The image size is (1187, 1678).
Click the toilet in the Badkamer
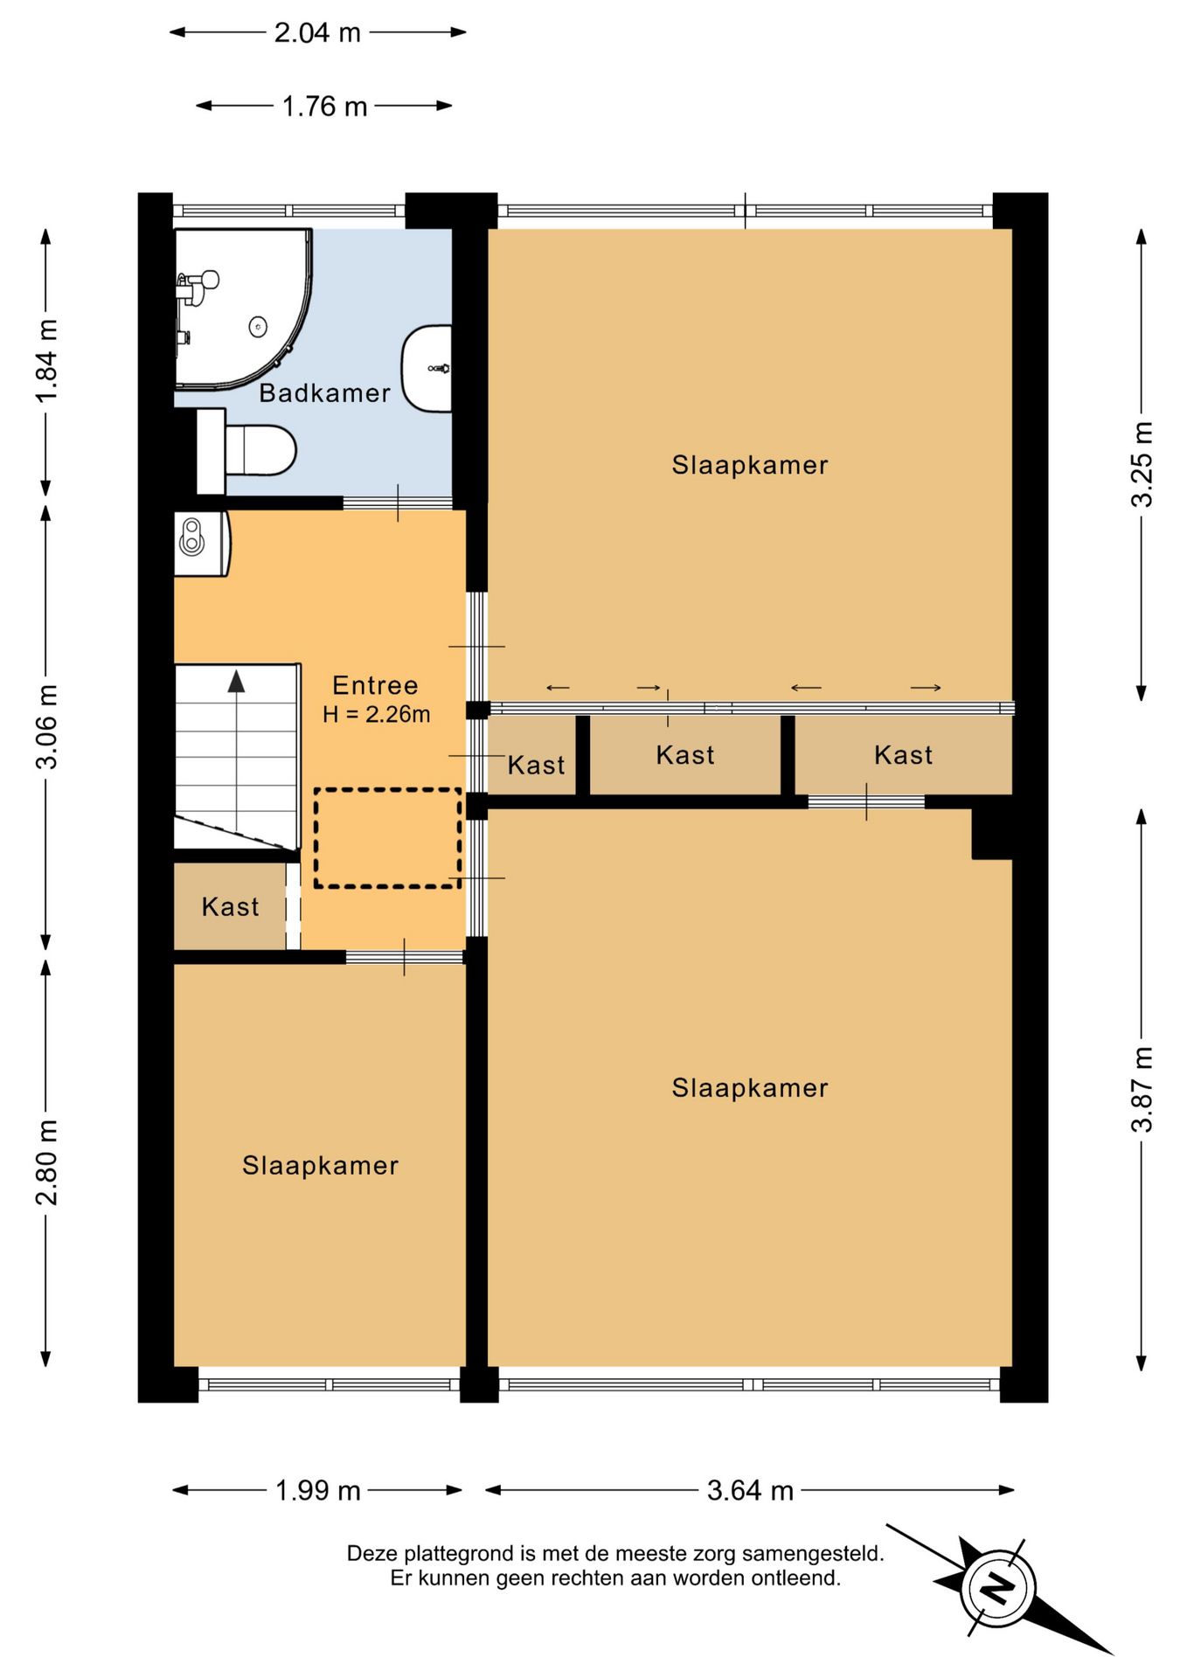click(246, 451)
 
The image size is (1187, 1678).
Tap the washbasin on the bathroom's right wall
click(427, 368)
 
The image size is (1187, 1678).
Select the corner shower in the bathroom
click(243, 309)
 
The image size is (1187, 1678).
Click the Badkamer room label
click(324, 393)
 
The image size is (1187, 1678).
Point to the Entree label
click(375, 685)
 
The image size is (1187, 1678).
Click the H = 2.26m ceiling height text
click(376, 714)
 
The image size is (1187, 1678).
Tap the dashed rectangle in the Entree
click(387, 838)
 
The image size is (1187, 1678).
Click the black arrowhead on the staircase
click(236, 682)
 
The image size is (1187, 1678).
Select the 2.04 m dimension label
click(317, 32)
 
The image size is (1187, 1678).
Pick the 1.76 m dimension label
click(324, 107)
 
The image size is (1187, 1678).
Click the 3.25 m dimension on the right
click(1142, 464)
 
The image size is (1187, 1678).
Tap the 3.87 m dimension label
click(1142, 1089)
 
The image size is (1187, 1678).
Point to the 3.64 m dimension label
click(750, 1490)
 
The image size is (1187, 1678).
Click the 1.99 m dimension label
click(317, 1490)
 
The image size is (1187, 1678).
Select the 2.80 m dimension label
click(46, 1161)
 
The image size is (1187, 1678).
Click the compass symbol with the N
click(998, 1587)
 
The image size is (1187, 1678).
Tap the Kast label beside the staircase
click(230, 907)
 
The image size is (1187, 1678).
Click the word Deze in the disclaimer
click(371, 1554)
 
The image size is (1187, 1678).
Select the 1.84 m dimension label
click(46, 361)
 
